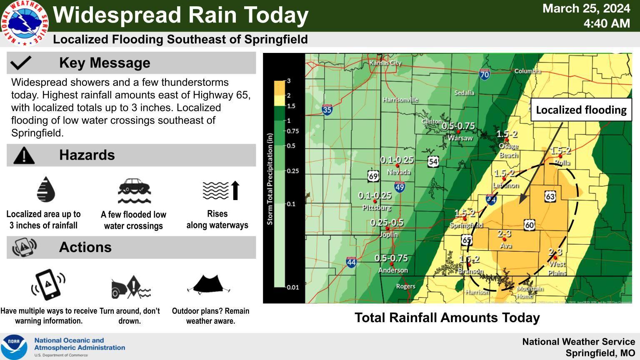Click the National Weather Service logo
pos(25,23)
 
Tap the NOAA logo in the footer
pos(14,347)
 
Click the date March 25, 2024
pos(586,8)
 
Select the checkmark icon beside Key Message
pos(21,63)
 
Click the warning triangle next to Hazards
pos(24,155)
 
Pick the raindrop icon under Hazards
pos(46,189)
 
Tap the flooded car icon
pos(134,191)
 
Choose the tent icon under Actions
pos(209,285)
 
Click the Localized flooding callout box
pos(581,110)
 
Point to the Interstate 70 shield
pos(484,75)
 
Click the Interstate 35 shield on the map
pos(327,110)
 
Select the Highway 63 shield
pos(550,196)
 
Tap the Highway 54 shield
pos(433,161)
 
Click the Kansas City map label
pos(385,63)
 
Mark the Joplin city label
pos(388,235)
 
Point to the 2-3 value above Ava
pos(504,234)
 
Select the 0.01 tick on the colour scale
pos(292,287)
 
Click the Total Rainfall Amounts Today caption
pos(447,317)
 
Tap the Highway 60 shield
pos(530,225)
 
